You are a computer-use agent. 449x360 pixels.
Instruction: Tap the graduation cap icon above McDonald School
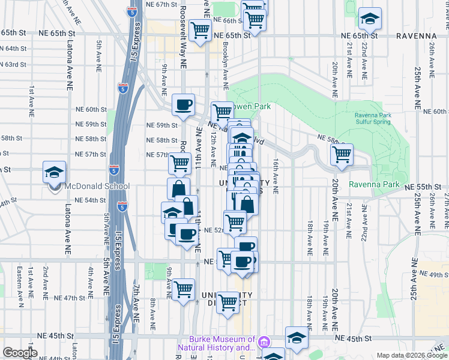[x=54, y=172]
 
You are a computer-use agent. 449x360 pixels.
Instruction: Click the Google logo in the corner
[x=20, y=353]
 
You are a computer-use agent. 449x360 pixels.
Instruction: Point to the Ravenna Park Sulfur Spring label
[x=372, y=118]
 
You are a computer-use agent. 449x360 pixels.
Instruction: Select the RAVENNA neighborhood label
[x=416, y=36]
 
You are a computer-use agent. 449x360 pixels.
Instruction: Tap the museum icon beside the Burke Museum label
[x=263, y=344]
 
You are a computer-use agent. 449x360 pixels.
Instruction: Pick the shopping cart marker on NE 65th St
[x=200, y=29]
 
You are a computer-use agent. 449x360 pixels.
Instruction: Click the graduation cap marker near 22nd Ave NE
[x=370, y=19]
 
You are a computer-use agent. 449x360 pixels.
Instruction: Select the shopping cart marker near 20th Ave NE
[x=342, y=154]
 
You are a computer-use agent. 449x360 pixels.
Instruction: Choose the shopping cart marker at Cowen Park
[x=222, y=112]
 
